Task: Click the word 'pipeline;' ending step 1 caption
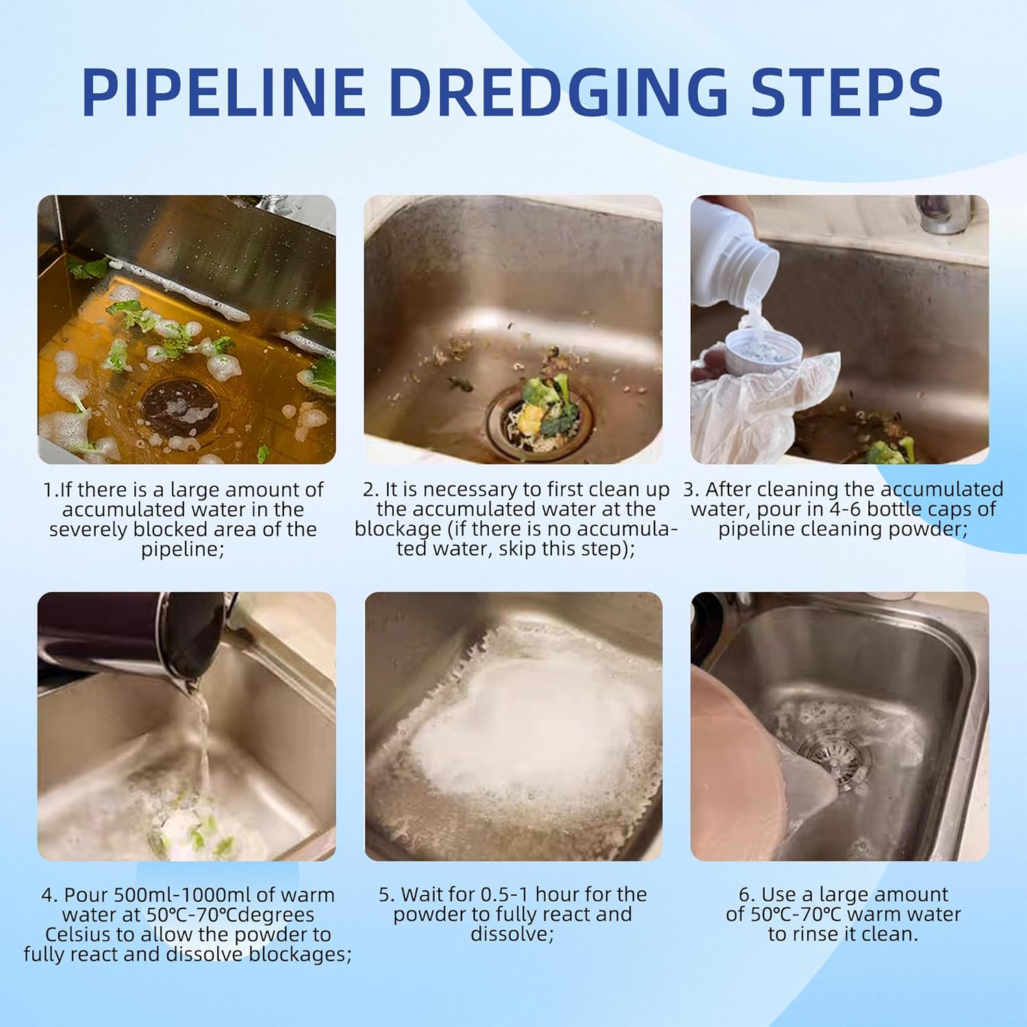click(183, 549)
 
